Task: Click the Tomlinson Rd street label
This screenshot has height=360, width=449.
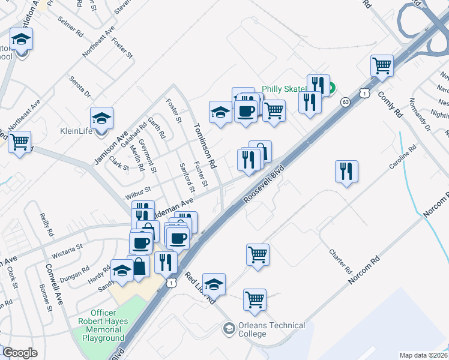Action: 204,145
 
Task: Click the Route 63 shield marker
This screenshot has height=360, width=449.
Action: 344,102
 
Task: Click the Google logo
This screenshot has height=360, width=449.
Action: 19,353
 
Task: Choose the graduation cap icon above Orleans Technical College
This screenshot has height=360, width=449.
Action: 214,283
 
